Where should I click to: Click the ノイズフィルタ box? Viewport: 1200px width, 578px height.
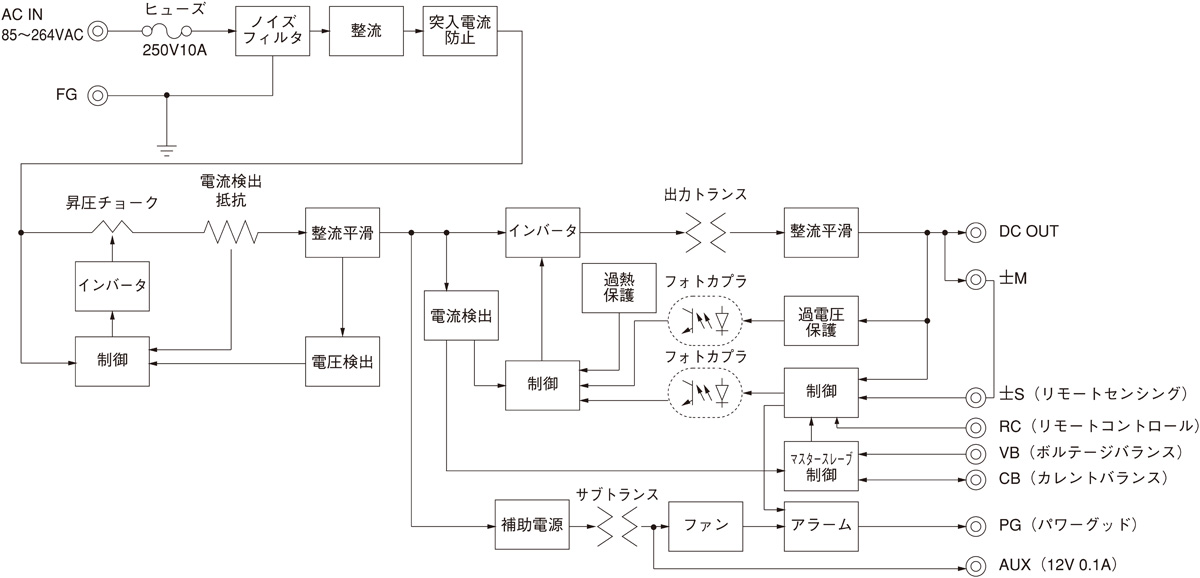[x=272, y=32]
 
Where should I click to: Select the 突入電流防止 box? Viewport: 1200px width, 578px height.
[x=460, y=32]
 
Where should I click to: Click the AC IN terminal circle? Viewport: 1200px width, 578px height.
[x=98, y=32]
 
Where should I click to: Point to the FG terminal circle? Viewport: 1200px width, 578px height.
[x=98, y=96]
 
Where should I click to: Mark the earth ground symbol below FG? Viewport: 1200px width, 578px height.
[x=167, y=150]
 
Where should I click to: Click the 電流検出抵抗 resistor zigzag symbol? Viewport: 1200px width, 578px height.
[x=232, y=232]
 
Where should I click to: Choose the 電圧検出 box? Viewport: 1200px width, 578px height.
[x=343, y=362]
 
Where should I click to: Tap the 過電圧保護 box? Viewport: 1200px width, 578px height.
[x=821, y=321]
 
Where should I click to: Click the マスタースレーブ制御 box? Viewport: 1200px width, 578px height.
[x=821, y=465]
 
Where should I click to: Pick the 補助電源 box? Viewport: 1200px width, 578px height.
[x=530, y=524]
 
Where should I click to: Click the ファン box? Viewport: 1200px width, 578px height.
[x=706, y=524]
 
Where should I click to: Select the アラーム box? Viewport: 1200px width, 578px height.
[x=821, y=524]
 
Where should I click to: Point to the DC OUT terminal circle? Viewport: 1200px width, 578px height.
[x=973, y=232]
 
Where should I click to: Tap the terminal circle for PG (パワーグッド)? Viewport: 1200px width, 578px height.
[x=973, y=524]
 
